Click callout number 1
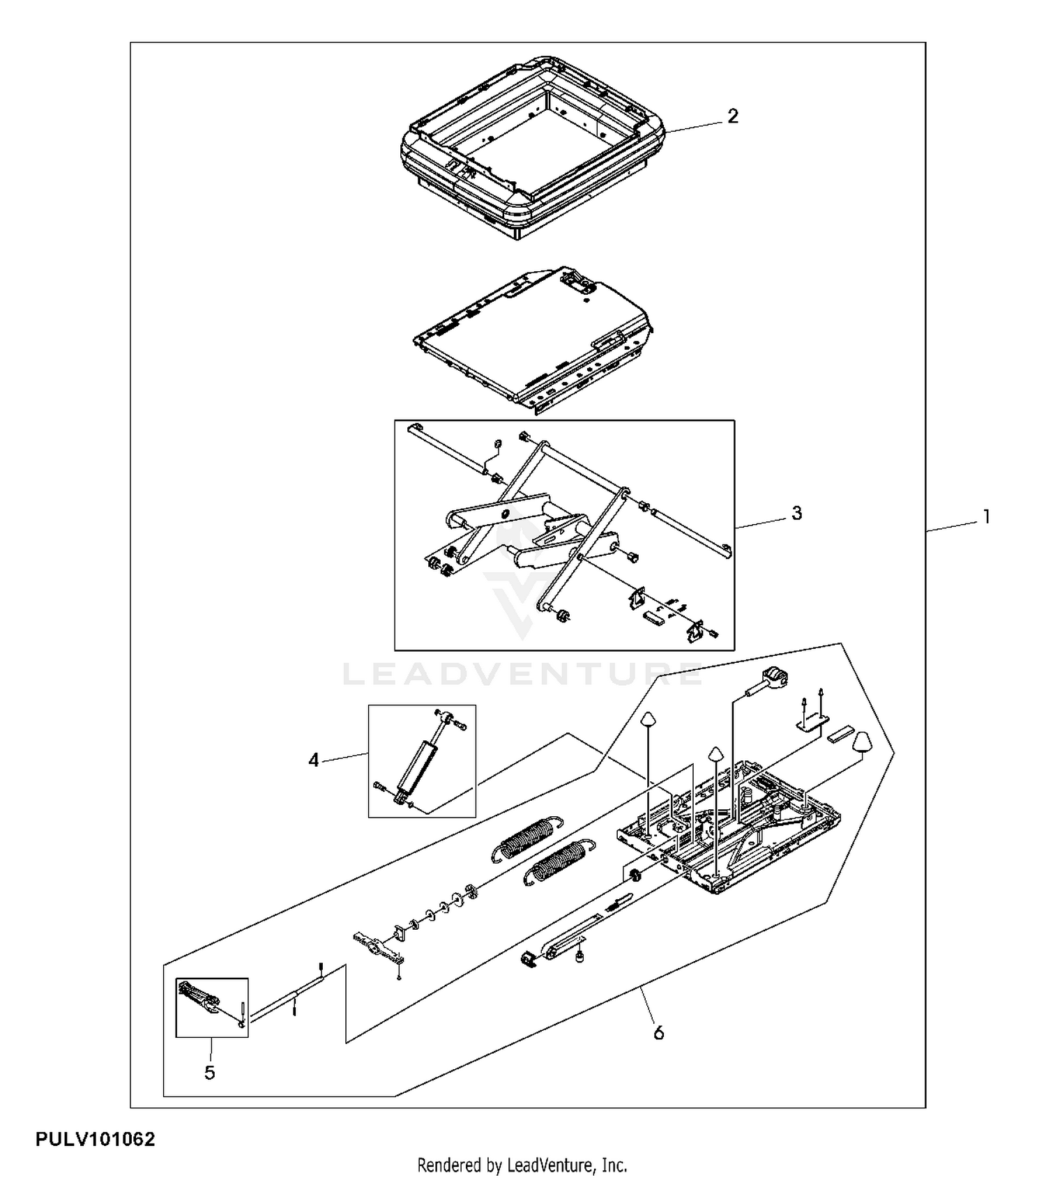click(986, 516)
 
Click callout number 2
click(732, 116)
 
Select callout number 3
click(796, 513)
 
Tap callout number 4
click(314, 760)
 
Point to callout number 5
click(210, 1073)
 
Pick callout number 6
click(658, 1032)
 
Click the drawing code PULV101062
click(96, 1140)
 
